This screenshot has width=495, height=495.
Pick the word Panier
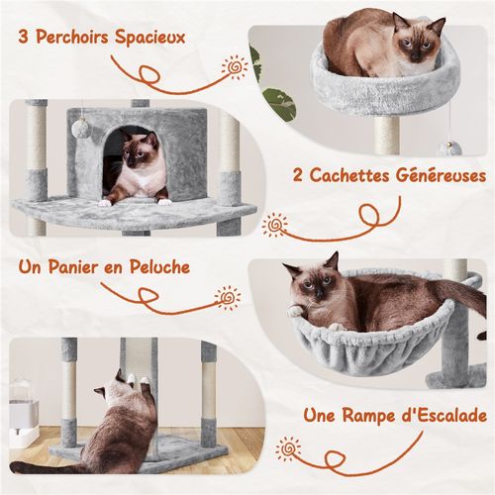81,268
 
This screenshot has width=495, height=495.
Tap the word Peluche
160,268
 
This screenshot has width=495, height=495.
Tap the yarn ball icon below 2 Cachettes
276,226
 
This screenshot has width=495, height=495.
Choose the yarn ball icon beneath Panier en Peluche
229,295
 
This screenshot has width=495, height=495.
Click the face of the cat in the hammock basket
315,288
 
